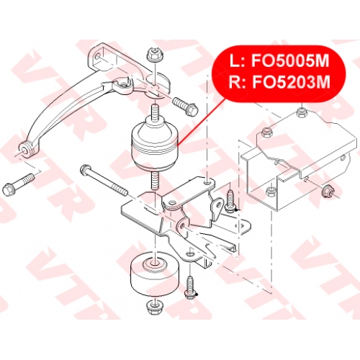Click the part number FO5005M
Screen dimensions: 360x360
pos(290,61)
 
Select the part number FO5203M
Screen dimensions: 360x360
pos(291,82)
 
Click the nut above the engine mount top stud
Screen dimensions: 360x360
pos(156,55)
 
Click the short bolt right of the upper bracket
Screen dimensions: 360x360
pos(185,106)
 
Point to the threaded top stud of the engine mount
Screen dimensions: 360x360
pos(155,112)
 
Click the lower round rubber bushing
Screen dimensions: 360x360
pos(155,274)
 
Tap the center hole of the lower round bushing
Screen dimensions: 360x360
pos(155,264)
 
